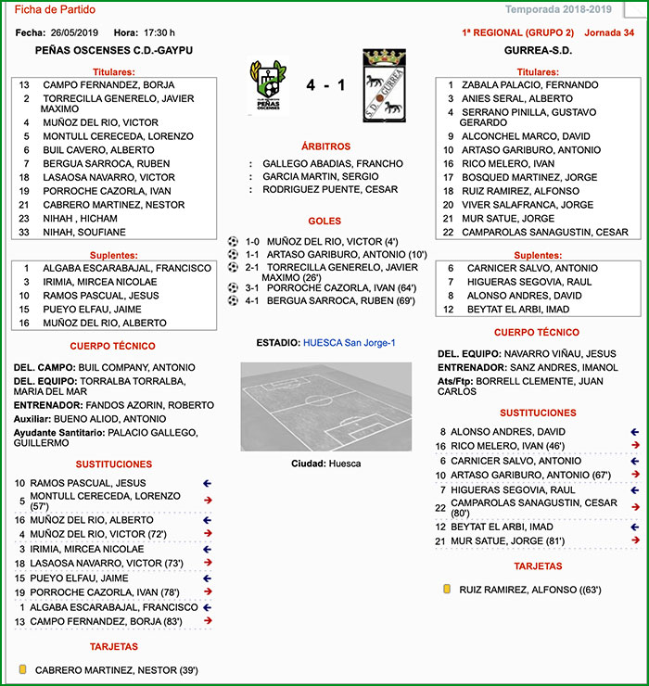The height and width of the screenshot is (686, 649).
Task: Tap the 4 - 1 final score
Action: [325, 85]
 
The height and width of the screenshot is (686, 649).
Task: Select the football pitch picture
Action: [325, 406]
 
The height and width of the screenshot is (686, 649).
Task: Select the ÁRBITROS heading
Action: [325, 146]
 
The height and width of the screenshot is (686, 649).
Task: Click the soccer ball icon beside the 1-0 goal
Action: [233, 241]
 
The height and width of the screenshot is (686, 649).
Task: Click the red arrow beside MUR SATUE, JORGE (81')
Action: [635, 540]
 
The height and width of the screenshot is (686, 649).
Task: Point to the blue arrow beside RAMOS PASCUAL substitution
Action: [208, 483]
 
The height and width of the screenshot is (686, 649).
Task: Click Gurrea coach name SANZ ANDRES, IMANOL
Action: [563, 367]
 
